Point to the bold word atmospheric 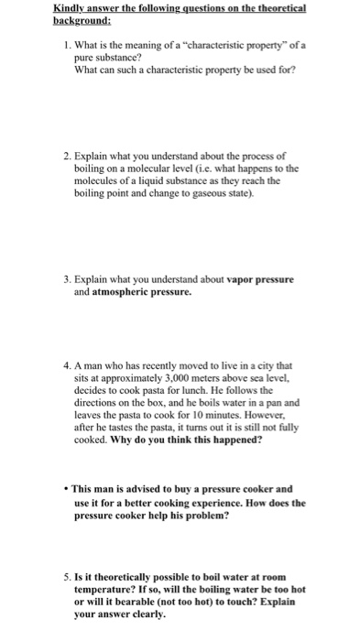pyautogui.click(x=127, y=293)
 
